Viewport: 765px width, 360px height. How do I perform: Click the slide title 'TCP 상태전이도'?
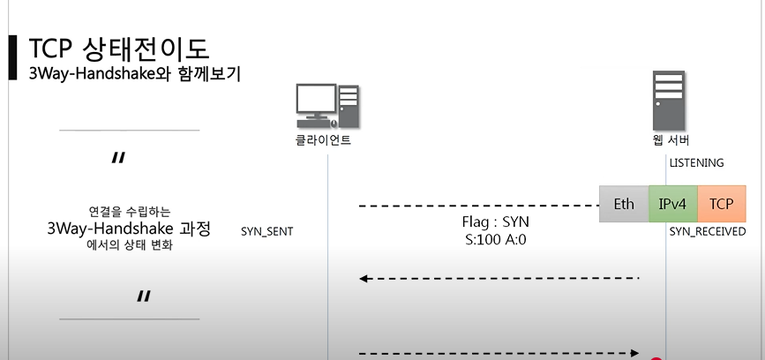pyautogui.click(x=119, y=49)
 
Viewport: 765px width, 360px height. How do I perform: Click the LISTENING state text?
pyautogui.click(x=696, y=163)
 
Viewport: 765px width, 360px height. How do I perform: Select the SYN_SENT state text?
pyautogui.click(x=266, y=232)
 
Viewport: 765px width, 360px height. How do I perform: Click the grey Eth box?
pyautogui.click(x=624, y=204)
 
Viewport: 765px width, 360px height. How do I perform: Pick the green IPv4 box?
pyautogui.click(x=673, y=204)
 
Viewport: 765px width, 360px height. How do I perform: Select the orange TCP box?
pyautogui.click(x=721, y=204)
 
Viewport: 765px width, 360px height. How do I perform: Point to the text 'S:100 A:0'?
pyautogui.click(x=496, y=239)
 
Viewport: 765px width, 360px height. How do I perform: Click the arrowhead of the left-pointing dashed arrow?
pyautogui.click(x=363, y=279)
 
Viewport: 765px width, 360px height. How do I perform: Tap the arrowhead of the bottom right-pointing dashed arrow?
pyautogui.click(x=634, y=353)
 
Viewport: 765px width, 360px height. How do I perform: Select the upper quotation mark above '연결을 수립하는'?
pyautogui.click(x=118, y=159)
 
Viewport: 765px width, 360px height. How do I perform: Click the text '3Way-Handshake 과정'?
pyautogui.click(x=129, y=229)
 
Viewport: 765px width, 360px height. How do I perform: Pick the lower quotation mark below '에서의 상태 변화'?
pyautogui.click(x=144, y=296)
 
